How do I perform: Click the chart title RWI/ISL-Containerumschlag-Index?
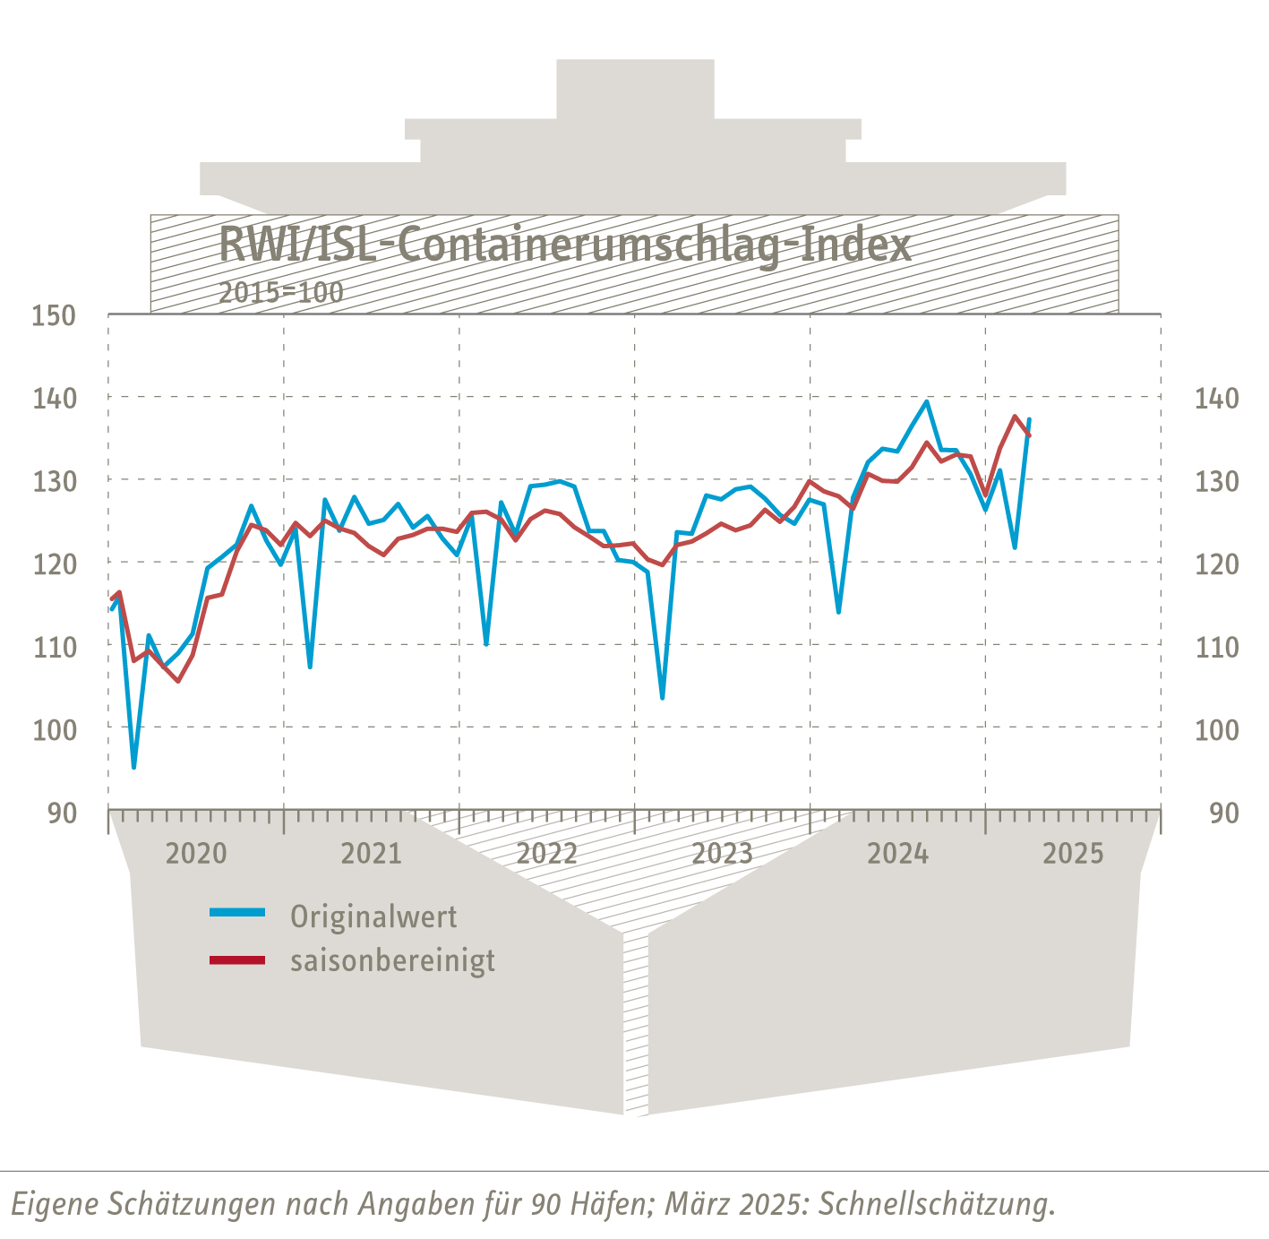tap(565, 245)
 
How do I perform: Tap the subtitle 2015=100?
tap(281, 292)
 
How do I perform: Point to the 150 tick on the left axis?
tap(54, 315)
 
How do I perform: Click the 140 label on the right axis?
tap(1216, 398)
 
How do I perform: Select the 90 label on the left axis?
tap(62, 813)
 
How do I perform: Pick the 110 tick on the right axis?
tap(1216, 647)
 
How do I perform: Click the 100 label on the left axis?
tap(54, 730)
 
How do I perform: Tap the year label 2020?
tap(196, 854)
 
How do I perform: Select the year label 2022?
tap(547, 854)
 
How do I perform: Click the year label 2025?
tap(1073, 854)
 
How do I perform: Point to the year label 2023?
tap(723, 854)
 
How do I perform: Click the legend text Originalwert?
tap(373, 916)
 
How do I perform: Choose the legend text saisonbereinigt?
tap(392, 960)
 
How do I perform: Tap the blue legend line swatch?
tap(237, 913)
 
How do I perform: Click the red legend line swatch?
tap(237, 960)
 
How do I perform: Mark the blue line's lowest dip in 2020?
tap(133, 767)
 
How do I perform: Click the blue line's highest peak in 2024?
tap(927, 401)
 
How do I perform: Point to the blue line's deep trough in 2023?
tap(662, 698)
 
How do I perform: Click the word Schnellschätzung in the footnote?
tap(937, 1203)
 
